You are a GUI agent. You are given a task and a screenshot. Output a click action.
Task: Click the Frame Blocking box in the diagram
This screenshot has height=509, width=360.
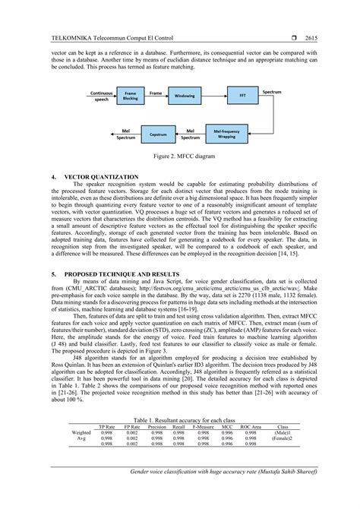(x=131, y=96)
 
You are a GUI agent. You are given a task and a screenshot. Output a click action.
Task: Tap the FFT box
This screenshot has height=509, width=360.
(x=242, y=96)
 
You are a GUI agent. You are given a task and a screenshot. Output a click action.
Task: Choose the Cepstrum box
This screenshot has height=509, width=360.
(x=158, y=134)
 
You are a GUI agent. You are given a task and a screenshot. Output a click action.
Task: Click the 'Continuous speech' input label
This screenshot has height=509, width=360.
(x=101, y=96)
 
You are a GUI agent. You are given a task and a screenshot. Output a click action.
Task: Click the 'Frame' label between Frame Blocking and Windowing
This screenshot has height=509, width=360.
(x=156, y=92)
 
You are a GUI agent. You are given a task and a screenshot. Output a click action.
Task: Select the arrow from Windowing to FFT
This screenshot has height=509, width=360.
(x=214, y=96)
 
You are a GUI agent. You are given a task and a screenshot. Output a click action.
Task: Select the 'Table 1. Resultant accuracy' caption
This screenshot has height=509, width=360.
(x=179, y=419)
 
